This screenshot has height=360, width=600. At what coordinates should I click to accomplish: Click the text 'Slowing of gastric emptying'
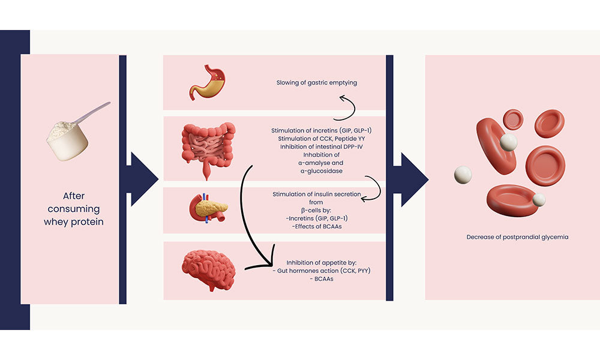tap(317, 83)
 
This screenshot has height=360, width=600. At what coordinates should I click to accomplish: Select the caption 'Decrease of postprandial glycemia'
tap(517, 237)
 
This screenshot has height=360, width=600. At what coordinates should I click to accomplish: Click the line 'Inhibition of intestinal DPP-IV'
tap(317, 147)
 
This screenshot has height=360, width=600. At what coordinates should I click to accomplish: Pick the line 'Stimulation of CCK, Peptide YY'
tap(317, 139)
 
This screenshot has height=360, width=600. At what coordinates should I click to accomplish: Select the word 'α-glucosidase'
tap(317, 172)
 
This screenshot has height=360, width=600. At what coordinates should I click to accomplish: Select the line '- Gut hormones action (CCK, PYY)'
tap(322, 271)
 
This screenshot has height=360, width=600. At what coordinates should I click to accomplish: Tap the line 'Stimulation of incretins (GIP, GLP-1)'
tap(317, 130)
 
